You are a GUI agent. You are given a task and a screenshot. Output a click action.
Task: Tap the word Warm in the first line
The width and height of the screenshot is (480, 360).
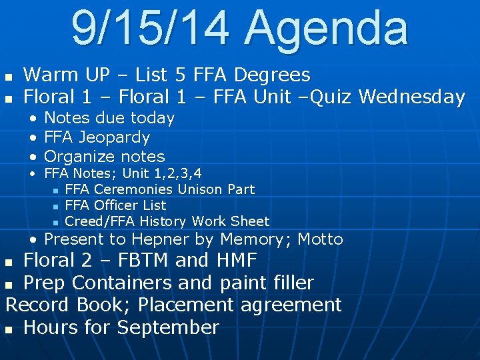coord(48,75)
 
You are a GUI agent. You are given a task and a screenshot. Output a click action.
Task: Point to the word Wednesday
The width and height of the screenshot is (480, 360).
coord(411,97)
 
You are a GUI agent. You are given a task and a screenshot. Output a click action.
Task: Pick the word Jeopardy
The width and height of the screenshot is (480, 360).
coord(114,138)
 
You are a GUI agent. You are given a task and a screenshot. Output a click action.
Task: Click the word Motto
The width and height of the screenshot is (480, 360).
coord(320,239)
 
